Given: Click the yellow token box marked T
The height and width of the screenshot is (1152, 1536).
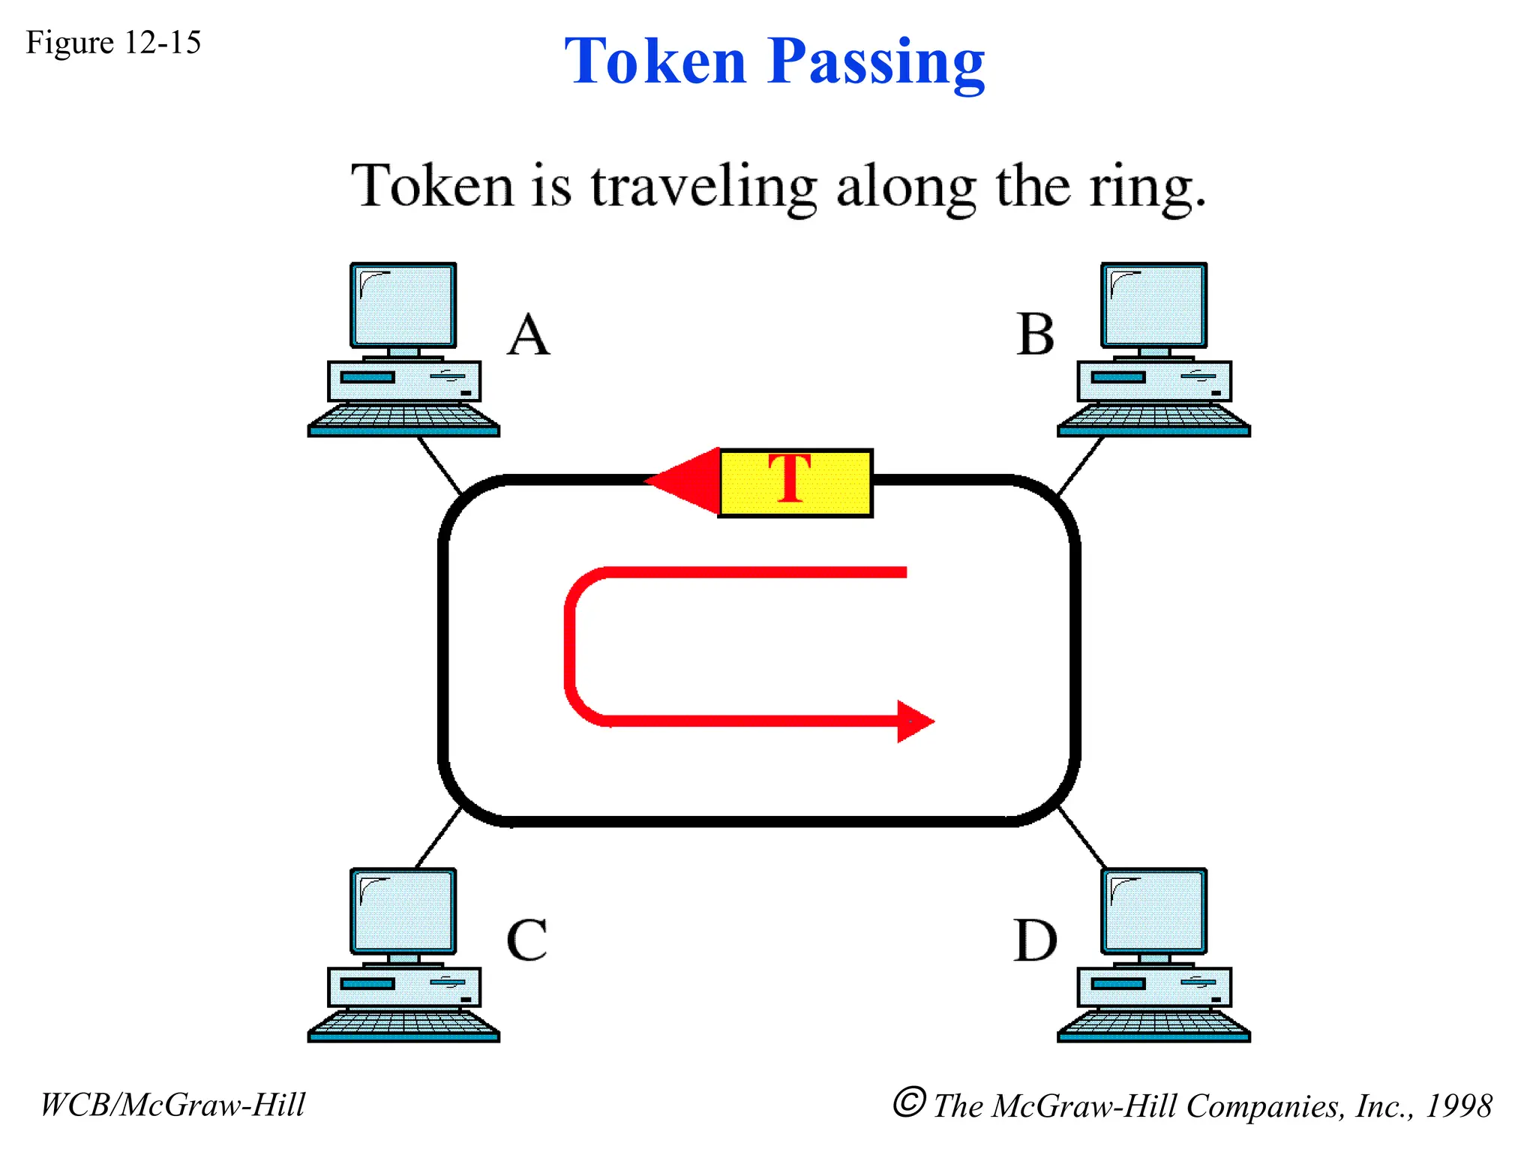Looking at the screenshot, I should (x=796, y=483).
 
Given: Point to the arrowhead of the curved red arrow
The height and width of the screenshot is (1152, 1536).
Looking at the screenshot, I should (x=914, y=721).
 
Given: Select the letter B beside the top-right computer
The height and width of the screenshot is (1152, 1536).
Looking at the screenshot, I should (x=1036, y=334).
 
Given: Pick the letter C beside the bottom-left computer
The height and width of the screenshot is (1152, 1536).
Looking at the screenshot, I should (x=527, y=940).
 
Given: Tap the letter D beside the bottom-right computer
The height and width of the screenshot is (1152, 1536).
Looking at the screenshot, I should (x=1035, y=940).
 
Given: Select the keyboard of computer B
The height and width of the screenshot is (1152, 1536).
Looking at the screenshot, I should (x=1153, y=418).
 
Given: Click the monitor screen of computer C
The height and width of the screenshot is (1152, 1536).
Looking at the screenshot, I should (x=403, y=910).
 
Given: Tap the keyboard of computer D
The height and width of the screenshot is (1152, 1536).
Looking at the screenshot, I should (x=1153, y=1024).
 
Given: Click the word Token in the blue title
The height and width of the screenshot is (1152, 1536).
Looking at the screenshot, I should (x=655, y=61).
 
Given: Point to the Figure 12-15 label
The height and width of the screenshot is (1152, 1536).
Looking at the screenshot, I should (x=113, y=43).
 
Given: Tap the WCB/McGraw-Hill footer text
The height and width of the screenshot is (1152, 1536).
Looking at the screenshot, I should (x=172, y=1105).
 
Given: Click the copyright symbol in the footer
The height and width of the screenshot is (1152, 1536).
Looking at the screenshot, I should (x=908, y=1102).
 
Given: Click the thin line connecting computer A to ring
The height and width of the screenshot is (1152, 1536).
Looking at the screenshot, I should (x=439, y=465).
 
